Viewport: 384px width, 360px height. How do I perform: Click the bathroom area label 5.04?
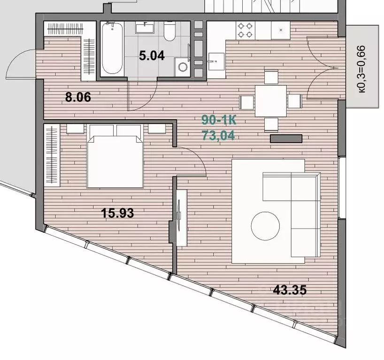pyautogui.click(x=152, y=55)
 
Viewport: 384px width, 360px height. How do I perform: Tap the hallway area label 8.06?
pyautogui.click(x=78, y=97)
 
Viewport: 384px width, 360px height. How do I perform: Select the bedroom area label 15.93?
pyautogui.click(x=117, y=213)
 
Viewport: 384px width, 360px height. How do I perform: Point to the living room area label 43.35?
pyautogui.click(x=290, y=290)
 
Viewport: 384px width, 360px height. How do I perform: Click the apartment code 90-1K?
pyautogui.click(x=219, y=120)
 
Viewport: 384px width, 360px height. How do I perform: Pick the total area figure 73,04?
pyautogui.click(x=218, y=135)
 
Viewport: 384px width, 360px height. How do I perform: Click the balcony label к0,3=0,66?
pyautogui.click(x=362, y=69)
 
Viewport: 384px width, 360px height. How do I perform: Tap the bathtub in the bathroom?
pyautogui.click(x=112, y=49)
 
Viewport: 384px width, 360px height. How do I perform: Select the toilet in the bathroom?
pyautogui.click(x=169, y=31)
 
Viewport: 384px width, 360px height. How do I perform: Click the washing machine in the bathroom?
pyautogui.click(x=182, y=67)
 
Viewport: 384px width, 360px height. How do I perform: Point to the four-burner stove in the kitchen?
pyautogui.click(x=245, y=30)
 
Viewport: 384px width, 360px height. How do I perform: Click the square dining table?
pyautogui.click(x=270, y=101)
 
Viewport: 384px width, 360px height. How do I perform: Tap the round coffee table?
pyautogui.click(x=265, y=226)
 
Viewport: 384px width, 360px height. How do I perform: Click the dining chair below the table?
pyautogui.click(x=271, y=125)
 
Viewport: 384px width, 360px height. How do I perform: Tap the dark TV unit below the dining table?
pyautogui.click(x=286, y=138)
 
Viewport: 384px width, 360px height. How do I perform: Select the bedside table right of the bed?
pyautogui.click(x=157, y=129)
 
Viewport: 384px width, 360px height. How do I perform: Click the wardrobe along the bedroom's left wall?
pyautogui.click(x=52, y=155)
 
